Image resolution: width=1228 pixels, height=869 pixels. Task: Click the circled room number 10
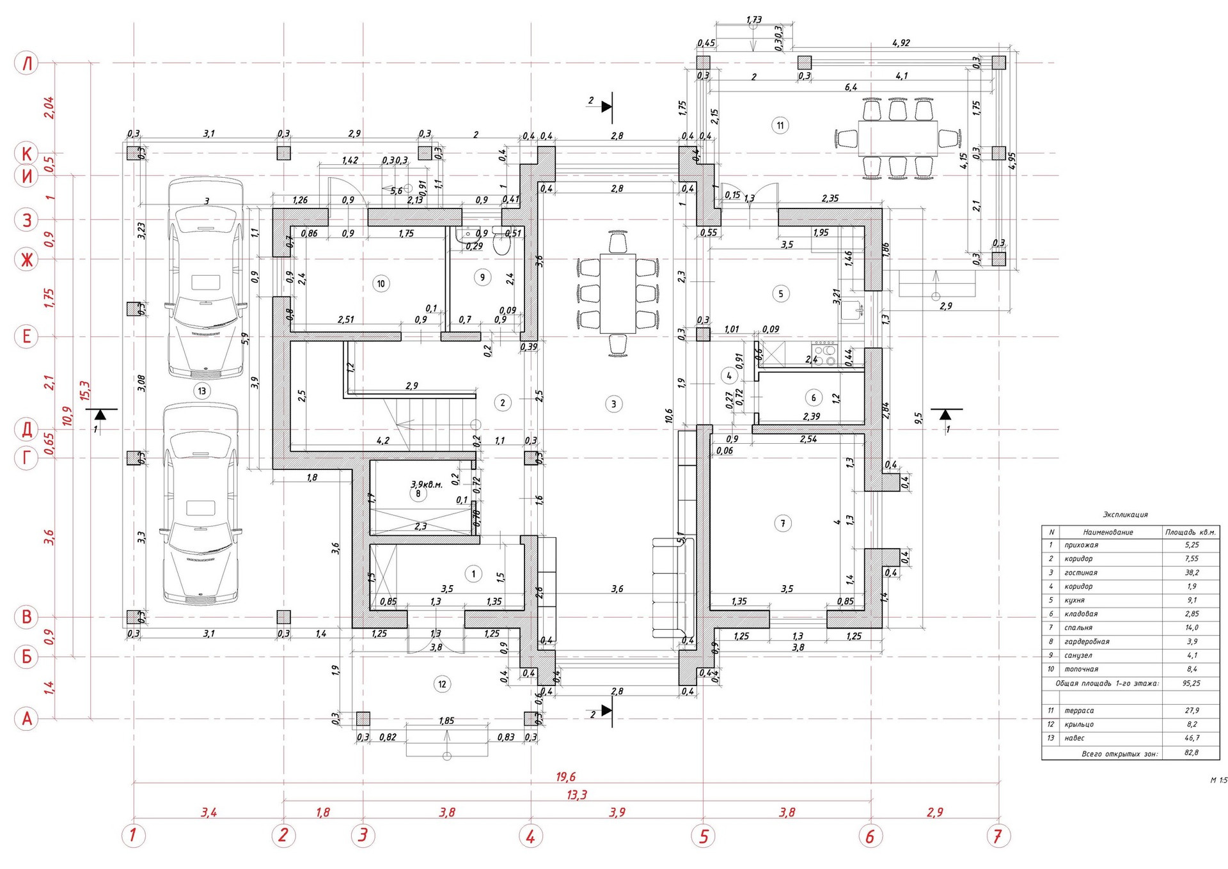coord(381,283)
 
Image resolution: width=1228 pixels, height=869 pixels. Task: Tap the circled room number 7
coord(783,524)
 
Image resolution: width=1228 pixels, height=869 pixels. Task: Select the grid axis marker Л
coord(27,63)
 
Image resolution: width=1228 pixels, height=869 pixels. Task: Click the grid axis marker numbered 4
coord(530,835)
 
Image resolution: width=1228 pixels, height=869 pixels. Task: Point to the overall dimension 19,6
coord(565,777)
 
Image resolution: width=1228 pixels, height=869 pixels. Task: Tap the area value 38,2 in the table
coord(1192,573)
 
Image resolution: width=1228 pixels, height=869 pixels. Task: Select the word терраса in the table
coord(1079,710)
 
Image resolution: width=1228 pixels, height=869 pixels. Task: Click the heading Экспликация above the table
coord(1125,515)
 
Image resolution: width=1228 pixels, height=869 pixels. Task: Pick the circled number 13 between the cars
coord(202,391)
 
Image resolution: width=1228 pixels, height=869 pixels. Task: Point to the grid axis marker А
coord(27,719)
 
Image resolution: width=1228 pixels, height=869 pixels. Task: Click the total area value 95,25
coord(1191,683)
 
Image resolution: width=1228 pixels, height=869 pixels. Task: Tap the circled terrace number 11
coord(780,125)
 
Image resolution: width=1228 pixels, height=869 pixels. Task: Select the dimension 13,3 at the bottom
coord(576,795)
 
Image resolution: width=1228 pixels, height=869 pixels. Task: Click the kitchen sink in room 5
coord(851,310)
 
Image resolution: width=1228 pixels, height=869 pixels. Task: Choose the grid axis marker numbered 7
coord(998,835)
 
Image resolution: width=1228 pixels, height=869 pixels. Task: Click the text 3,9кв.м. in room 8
coord(426,484)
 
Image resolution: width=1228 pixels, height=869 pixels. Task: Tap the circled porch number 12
coord(442,684)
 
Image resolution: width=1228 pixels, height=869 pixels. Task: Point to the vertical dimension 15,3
coord(84,391)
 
